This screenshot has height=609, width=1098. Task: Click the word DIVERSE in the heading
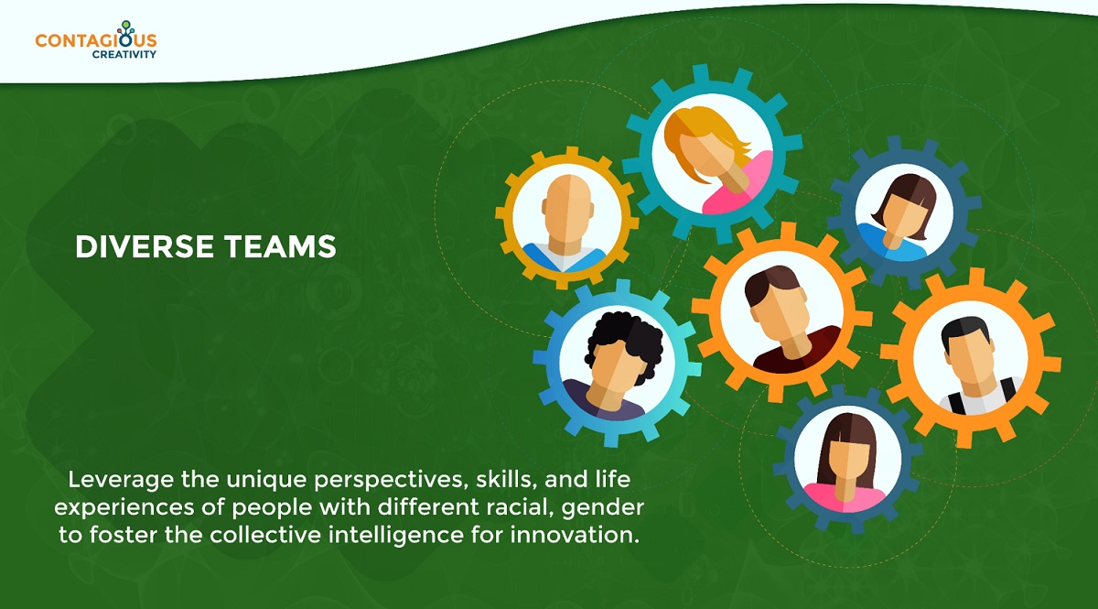[x=145, y=246]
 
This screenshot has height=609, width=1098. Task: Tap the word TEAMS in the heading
[x=280, y=246]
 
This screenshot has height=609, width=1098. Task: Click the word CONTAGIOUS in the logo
[x=96, y=39]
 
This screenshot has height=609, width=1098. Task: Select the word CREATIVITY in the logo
[x=124, y=54]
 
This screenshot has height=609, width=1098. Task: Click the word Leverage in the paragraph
[x=121, y=480]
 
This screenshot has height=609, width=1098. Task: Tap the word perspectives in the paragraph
[x=388, y=481]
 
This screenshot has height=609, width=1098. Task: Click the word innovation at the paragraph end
[x=575, y=535]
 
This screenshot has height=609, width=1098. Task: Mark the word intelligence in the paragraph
[x=395, y=536]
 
